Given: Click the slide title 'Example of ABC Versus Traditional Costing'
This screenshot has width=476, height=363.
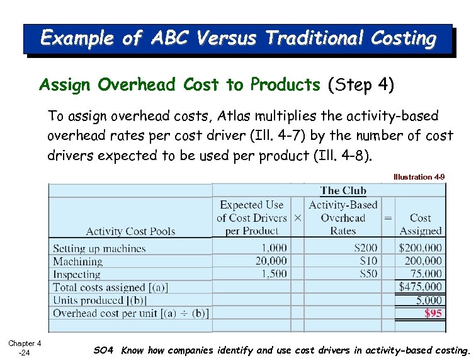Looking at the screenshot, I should point(238,39).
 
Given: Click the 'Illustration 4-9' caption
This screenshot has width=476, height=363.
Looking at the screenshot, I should point(419,177).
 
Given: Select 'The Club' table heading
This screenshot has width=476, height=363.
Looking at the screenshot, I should point(343,191).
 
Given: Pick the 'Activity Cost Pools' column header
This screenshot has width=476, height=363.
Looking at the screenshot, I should point(130,231).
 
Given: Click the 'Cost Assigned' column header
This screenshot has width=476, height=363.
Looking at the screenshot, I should point(420,224).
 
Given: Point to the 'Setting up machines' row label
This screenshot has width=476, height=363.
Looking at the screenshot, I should point(99,248).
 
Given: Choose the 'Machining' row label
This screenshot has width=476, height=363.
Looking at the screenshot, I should point(77,261).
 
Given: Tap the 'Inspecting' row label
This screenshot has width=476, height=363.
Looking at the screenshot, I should point(77,274).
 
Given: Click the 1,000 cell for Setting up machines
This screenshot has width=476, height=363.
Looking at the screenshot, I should point(274,248).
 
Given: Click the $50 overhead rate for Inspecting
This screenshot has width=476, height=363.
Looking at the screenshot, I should point(368,274).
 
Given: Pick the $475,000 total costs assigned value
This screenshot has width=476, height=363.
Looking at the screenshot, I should point(421,287).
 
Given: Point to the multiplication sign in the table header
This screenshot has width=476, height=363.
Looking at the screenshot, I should point(297,217).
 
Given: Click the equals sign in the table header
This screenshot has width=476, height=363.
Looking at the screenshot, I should point(388,217).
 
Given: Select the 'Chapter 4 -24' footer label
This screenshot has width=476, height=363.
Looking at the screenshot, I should point(25,347).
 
